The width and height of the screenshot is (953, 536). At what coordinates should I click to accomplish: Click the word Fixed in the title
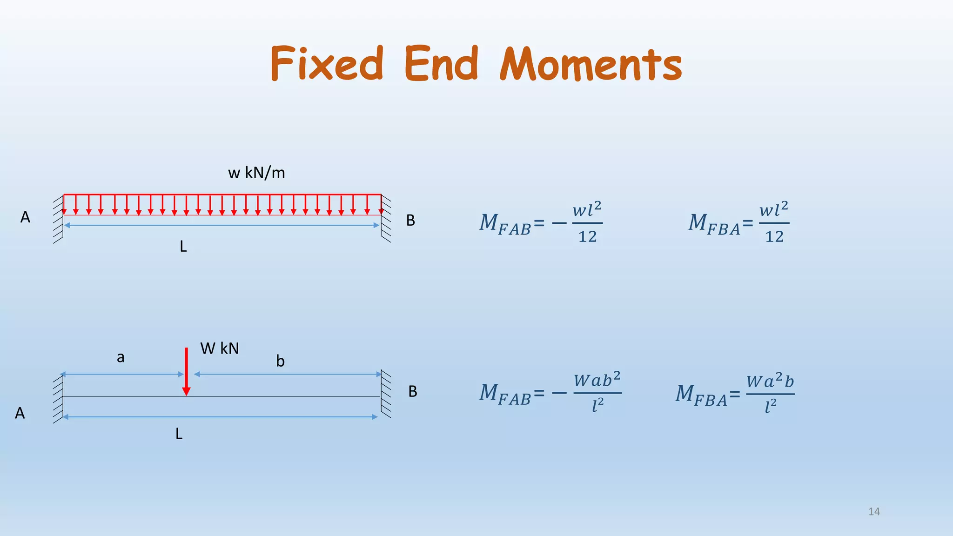pos(327,63)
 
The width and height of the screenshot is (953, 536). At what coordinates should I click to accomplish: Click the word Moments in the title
pos(591,64)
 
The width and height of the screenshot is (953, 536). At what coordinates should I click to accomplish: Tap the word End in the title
pos(441,63)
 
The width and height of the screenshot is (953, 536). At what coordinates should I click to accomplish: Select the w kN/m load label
pos(256,173)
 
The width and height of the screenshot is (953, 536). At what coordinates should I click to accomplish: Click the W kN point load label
pos(219,348)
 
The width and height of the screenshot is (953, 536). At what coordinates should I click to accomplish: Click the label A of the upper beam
pos(25,217)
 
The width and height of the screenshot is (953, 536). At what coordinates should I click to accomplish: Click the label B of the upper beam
pos(410,221)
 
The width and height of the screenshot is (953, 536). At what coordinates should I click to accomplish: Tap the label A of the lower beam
pos(20,413)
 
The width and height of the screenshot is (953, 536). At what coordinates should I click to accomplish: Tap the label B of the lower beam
pos(413,392)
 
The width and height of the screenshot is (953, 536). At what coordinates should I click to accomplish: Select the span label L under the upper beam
pos(183,247)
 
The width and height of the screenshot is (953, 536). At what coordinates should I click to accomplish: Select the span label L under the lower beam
pos(179,434)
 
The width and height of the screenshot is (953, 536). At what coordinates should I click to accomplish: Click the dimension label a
pos(121,357)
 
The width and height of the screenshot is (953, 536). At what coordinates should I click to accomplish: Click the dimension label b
pos(280,361)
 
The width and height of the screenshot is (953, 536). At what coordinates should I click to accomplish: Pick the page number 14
pos(874,512)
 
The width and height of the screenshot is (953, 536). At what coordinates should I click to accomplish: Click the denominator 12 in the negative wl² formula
pos(587,237)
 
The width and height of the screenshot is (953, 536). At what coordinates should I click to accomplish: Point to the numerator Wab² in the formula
pos(597,380)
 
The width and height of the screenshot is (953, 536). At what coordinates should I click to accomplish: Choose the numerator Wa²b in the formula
pos(770,381)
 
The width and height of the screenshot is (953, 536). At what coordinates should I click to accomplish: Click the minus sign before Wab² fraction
pos(559,394)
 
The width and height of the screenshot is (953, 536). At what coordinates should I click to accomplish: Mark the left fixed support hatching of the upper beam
pos(58,219)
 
